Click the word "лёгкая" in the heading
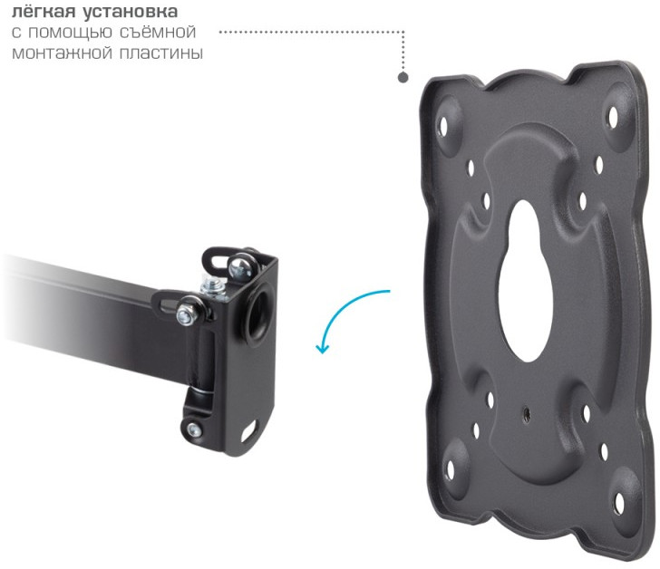[x=43, y=12]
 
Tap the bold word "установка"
[x=130, y=12]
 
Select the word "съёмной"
[x=158, y=33]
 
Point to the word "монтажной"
[x=62, y=53]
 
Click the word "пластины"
[x=161, y=53]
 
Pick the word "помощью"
[x=70, y=34]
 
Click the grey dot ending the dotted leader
[x=403, y=77]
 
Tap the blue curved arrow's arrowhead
[x=323, y=348]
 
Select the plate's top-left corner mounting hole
[x=443, y=124]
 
